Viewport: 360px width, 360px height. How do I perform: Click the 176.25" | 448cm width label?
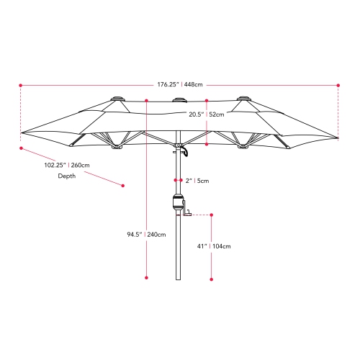(x=179, y=84)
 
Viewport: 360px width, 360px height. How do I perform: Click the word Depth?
(x=67, y=176)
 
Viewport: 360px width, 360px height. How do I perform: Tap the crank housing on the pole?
(x=176, y=203)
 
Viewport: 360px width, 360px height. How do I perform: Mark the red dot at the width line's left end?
(x=21, y=85)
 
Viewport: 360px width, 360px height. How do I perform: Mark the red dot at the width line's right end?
(x=338, y=85)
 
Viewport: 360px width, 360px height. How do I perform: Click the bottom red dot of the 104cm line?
(x=212, y=278)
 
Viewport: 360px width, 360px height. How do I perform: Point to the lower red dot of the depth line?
(x=122, y=185)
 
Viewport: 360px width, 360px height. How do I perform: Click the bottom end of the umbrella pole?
(x=176, y=280)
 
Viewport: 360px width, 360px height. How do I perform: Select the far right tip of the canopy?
(x=337, y=136)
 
